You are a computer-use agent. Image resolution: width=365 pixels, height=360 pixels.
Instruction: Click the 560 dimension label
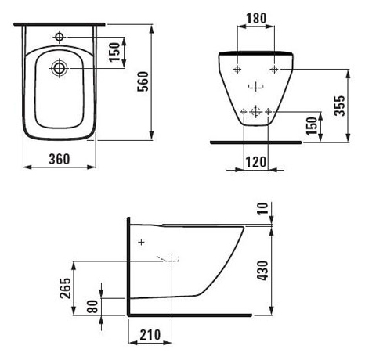(x=143, y=81)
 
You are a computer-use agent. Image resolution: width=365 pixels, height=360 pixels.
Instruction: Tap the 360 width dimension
(x=60, y=159)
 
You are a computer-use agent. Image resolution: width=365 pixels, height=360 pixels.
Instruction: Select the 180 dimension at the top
(x=256, y=18)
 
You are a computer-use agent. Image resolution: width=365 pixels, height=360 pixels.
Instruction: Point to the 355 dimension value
(x=340, y=106)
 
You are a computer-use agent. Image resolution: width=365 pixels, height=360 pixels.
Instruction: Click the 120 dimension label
(x=256, y=162)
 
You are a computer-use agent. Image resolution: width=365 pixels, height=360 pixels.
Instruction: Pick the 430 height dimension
(x=262, y=270)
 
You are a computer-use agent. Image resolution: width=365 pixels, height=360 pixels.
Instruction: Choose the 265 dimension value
(x=65, y=288)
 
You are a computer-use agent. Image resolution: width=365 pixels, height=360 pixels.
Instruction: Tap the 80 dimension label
(x=93, y=306)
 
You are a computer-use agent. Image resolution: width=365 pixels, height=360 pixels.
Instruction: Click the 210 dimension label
(x=150, y=335)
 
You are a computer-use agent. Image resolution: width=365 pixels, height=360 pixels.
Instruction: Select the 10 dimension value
(x=263, y=208)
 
